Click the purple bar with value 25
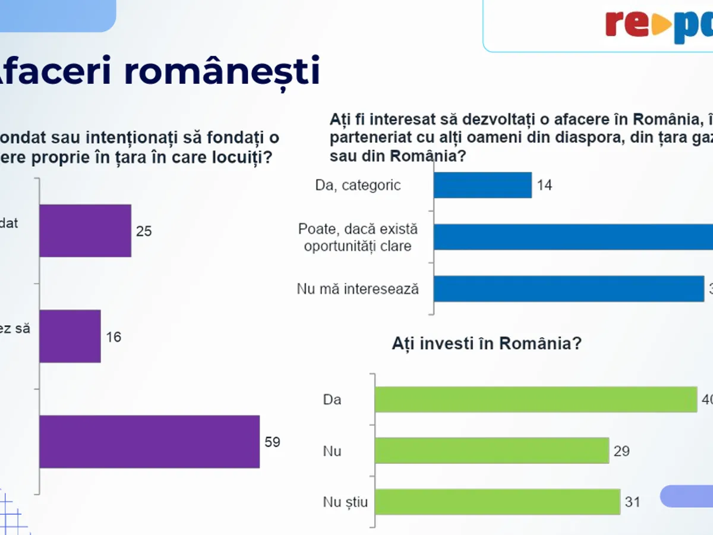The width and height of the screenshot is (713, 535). (85, 231)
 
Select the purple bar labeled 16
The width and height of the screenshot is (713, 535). (70, 336)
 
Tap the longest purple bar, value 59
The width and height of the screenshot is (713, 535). (149, 442)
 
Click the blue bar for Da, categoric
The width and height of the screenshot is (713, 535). (482, 185)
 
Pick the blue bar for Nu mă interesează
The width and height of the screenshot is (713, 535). (569, 289)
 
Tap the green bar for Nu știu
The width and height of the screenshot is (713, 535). (497, 502)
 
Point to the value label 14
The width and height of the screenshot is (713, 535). (544, 185)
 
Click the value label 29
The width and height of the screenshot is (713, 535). (621, 451)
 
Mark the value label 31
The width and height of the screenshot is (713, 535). (633, 502)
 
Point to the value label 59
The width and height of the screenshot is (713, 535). (272, 442)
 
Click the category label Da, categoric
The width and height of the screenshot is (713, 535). (358, 185)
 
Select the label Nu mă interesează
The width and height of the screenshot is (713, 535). (358, 289)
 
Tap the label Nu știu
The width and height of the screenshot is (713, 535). (345, 502)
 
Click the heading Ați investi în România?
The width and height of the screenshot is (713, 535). (486, 344)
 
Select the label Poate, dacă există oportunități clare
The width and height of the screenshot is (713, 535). (358, 237)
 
